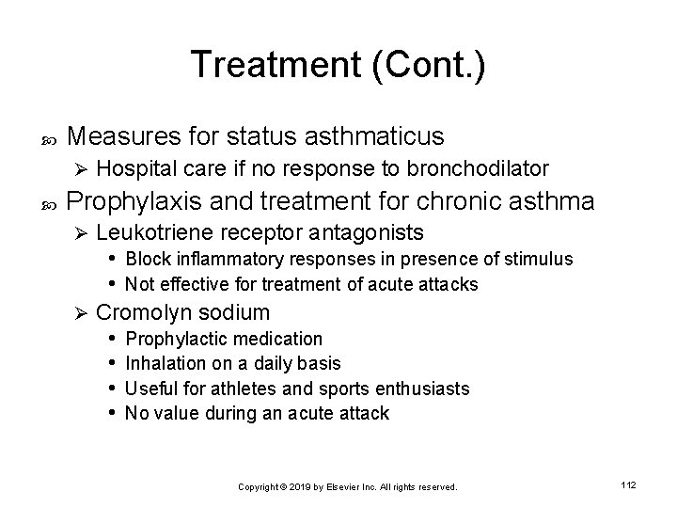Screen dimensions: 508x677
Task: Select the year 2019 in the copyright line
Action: click(301, 487)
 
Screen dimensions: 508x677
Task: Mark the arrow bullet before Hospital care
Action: click(81, 170)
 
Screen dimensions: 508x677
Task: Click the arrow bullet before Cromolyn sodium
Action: click(81, 312)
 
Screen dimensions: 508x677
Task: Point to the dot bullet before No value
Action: click(112, 412)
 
